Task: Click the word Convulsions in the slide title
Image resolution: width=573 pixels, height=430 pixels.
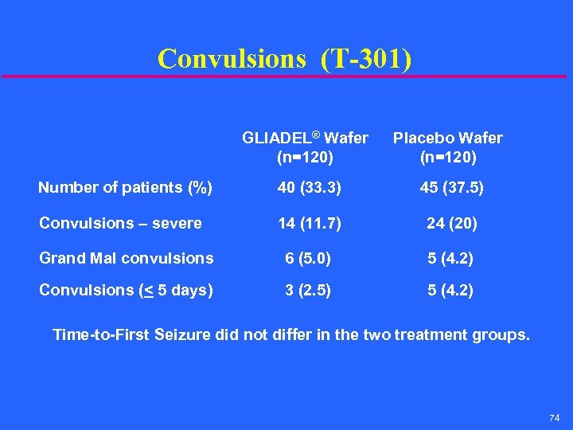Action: click(231, 58)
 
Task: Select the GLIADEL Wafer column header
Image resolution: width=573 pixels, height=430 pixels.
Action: click(305, 138)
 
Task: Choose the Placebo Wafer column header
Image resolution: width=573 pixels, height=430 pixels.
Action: click(449, 138)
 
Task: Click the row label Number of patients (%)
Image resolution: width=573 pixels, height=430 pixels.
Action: click(125, 188)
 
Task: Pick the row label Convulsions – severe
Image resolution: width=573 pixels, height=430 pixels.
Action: click(120, 223)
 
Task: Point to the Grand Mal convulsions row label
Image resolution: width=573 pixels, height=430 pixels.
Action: click(126, 258)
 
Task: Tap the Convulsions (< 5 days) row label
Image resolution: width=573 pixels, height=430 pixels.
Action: click(126, 290)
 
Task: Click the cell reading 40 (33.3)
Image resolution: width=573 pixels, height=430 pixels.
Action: click(309, 188)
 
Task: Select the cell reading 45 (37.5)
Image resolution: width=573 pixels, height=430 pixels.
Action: click(450, 188)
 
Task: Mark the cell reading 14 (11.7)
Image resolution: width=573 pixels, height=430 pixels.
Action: click(309, 223)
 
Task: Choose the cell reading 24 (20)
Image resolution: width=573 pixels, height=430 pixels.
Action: click(451, 223)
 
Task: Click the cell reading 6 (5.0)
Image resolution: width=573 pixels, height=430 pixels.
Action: click(309, 258)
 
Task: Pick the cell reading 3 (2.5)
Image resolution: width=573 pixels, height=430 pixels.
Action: click(309, 290)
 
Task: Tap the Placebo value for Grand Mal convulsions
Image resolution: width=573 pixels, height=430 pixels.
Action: click(450, 258)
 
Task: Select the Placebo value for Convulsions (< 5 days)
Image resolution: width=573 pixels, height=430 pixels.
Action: click(450, 290)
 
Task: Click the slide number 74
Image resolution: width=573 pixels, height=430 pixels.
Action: click(555, 418)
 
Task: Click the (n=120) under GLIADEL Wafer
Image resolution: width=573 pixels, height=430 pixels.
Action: click(305, 157)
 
